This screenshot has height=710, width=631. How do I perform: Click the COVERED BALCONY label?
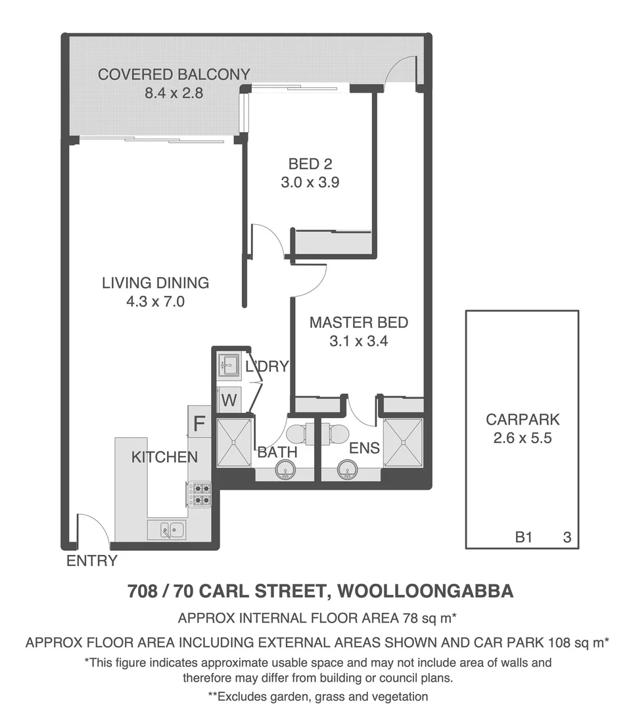(x=174, y=74)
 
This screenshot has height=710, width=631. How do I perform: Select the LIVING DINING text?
(x=156, y=283)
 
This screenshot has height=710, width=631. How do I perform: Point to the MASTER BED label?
(x=359, y=323)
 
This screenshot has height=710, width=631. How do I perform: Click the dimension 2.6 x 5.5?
(x=523, y=437)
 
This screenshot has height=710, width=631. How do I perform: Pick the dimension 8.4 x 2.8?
(x=174, y=93)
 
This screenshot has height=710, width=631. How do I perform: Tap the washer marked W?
(x=229, y=400)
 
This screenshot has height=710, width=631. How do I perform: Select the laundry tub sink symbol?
(x=229, y=364)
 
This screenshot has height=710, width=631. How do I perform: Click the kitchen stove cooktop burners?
(x=200, y=494)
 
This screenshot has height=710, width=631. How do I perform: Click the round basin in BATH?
(x=285, y=469)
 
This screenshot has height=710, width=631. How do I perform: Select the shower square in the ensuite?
(x=404, y=442)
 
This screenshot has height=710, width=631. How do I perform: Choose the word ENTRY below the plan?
(x=92, y=561)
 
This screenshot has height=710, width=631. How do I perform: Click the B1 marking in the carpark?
(x=523, y=538)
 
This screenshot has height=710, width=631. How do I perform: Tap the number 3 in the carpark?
(x=567, y=538)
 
